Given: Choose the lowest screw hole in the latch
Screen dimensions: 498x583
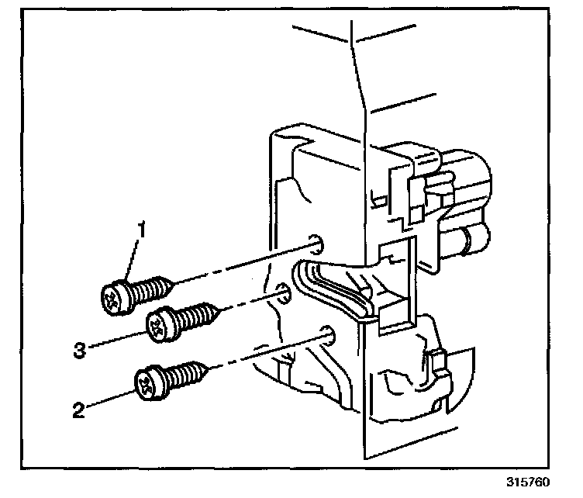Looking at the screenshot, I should tap(329, 336).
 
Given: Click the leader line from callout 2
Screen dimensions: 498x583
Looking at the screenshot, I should tap(109, 399).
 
